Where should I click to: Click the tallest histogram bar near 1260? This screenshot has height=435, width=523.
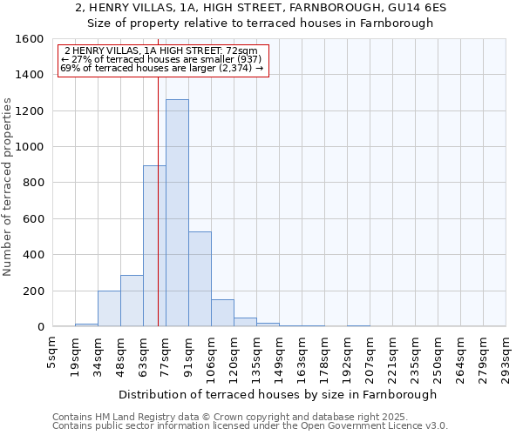click(x=177, y=213)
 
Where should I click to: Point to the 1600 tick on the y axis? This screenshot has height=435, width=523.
click(x=29, y=39)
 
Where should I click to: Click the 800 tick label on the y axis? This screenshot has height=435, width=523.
click(x=32, y=183)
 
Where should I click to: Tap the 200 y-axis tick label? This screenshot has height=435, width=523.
click(x=32, y=291)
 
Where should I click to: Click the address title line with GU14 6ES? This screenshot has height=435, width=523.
click(x=261, y=7)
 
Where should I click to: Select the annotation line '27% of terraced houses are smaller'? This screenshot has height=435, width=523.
click(x=162, y=60)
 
